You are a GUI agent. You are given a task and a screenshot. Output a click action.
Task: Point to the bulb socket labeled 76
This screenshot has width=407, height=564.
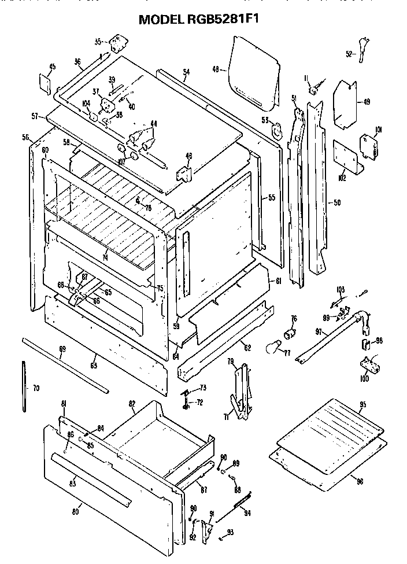290,334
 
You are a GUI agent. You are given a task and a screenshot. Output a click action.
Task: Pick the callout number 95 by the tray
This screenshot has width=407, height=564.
363,404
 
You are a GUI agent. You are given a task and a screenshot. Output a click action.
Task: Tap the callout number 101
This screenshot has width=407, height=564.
379,129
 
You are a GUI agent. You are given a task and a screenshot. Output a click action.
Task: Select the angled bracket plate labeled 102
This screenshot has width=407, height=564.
347,157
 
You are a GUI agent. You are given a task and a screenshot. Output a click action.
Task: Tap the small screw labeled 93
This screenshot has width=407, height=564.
222,539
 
